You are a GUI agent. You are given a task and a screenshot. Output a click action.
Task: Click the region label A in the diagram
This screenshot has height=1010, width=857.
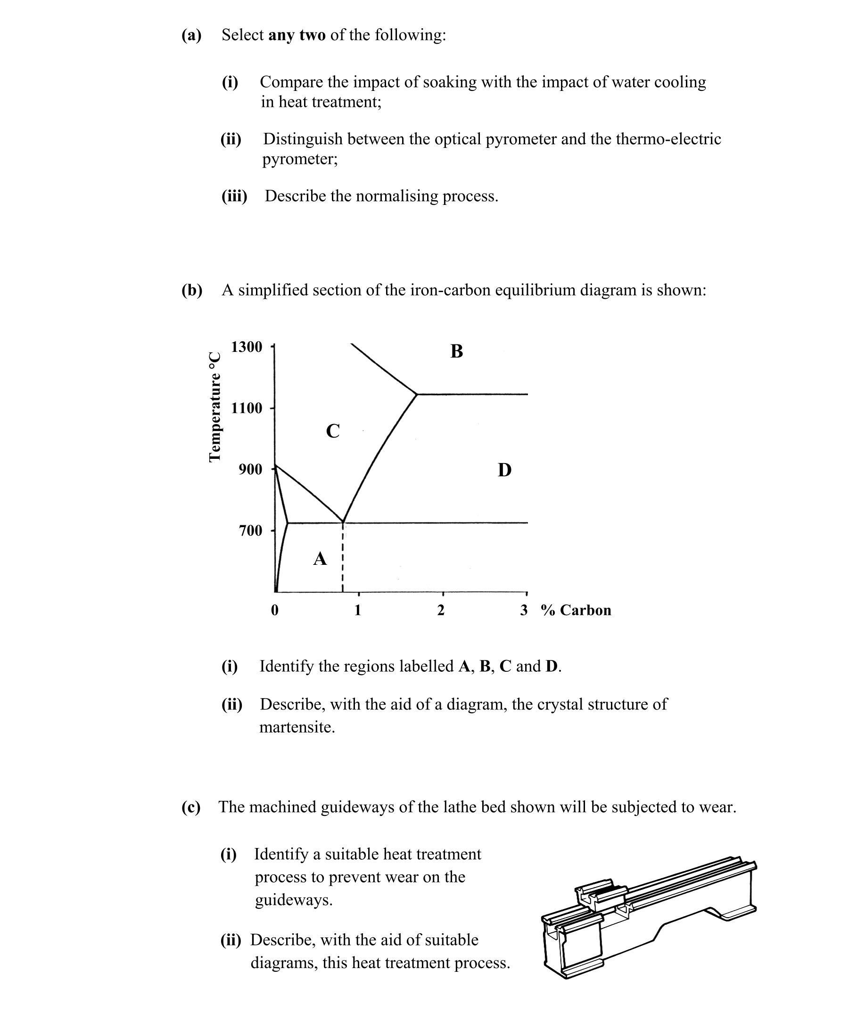coord(320,559)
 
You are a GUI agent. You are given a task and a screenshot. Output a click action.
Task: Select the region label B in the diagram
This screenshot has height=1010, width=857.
coord(456,351)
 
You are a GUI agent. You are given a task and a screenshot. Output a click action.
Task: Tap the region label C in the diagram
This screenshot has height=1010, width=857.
coord(333,431)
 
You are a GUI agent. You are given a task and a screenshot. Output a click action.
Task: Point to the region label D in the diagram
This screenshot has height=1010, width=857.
coord(504,470)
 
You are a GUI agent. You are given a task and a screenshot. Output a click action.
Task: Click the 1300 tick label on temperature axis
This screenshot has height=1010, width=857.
coord(247,347)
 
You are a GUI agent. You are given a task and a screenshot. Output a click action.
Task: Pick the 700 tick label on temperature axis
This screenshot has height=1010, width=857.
coord(250,531)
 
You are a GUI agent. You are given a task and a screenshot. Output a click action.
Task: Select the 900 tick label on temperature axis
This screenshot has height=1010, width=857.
coord(250,470)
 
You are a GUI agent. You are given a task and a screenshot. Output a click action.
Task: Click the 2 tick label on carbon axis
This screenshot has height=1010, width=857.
coord(441,611)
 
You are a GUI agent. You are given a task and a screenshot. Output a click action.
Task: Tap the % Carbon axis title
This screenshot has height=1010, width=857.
coord(576,611)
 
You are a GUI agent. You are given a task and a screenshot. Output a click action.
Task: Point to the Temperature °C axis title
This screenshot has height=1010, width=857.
coord(214,407)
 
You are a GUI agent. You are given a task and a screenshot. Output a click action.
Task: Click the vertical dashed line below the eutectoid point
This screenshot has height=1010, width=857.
coord(343,558)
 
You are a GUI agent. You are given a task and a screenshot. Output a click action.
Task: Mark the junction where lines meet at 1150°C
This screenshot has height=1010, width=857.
coord(417,394)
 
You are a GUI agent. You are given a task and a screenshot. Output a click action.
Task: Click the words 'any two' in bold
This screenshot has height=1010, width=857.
coord(297,35)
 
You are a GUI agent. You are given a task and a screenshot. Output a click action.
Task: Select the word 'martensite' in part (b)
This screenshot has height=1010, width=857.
coord(297,727)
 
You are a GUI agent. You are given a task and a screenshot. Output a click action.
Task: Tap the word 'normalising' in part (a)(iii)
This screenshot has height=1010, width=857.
coord(397,196)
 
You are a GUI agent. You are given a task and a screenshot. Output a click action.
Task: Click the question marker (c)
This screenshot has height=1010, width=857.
coord(191,807)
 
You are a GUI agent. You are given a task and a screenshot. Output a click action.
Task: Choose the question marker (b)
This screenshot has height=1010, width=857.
coord(192,290)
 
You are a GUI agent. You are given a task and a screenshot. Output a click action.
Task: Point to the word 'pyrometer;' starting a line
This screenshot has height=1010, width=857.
coord(300,159)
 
